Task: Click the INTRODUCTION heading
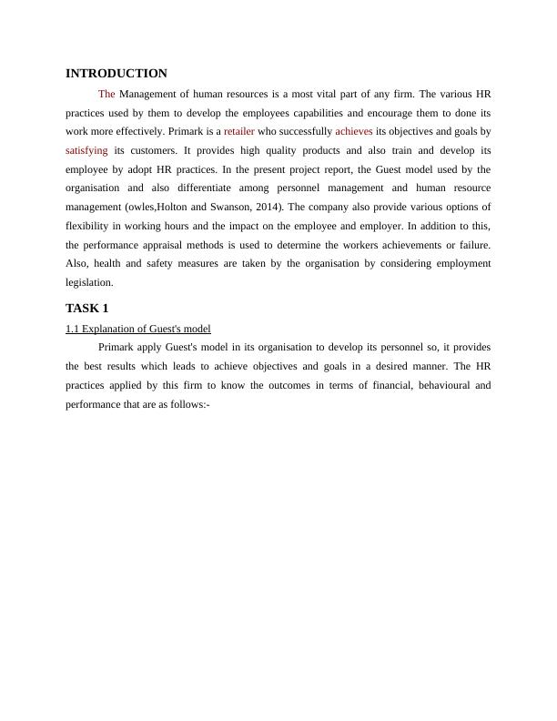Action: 116,74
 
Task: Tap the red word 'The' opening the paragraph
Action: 106,94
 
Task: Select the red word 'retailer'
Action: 239,131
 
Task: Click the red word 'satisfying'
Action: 86,150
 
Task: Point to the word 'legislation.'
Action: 89,283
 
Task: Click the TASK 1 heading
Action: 87,309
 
